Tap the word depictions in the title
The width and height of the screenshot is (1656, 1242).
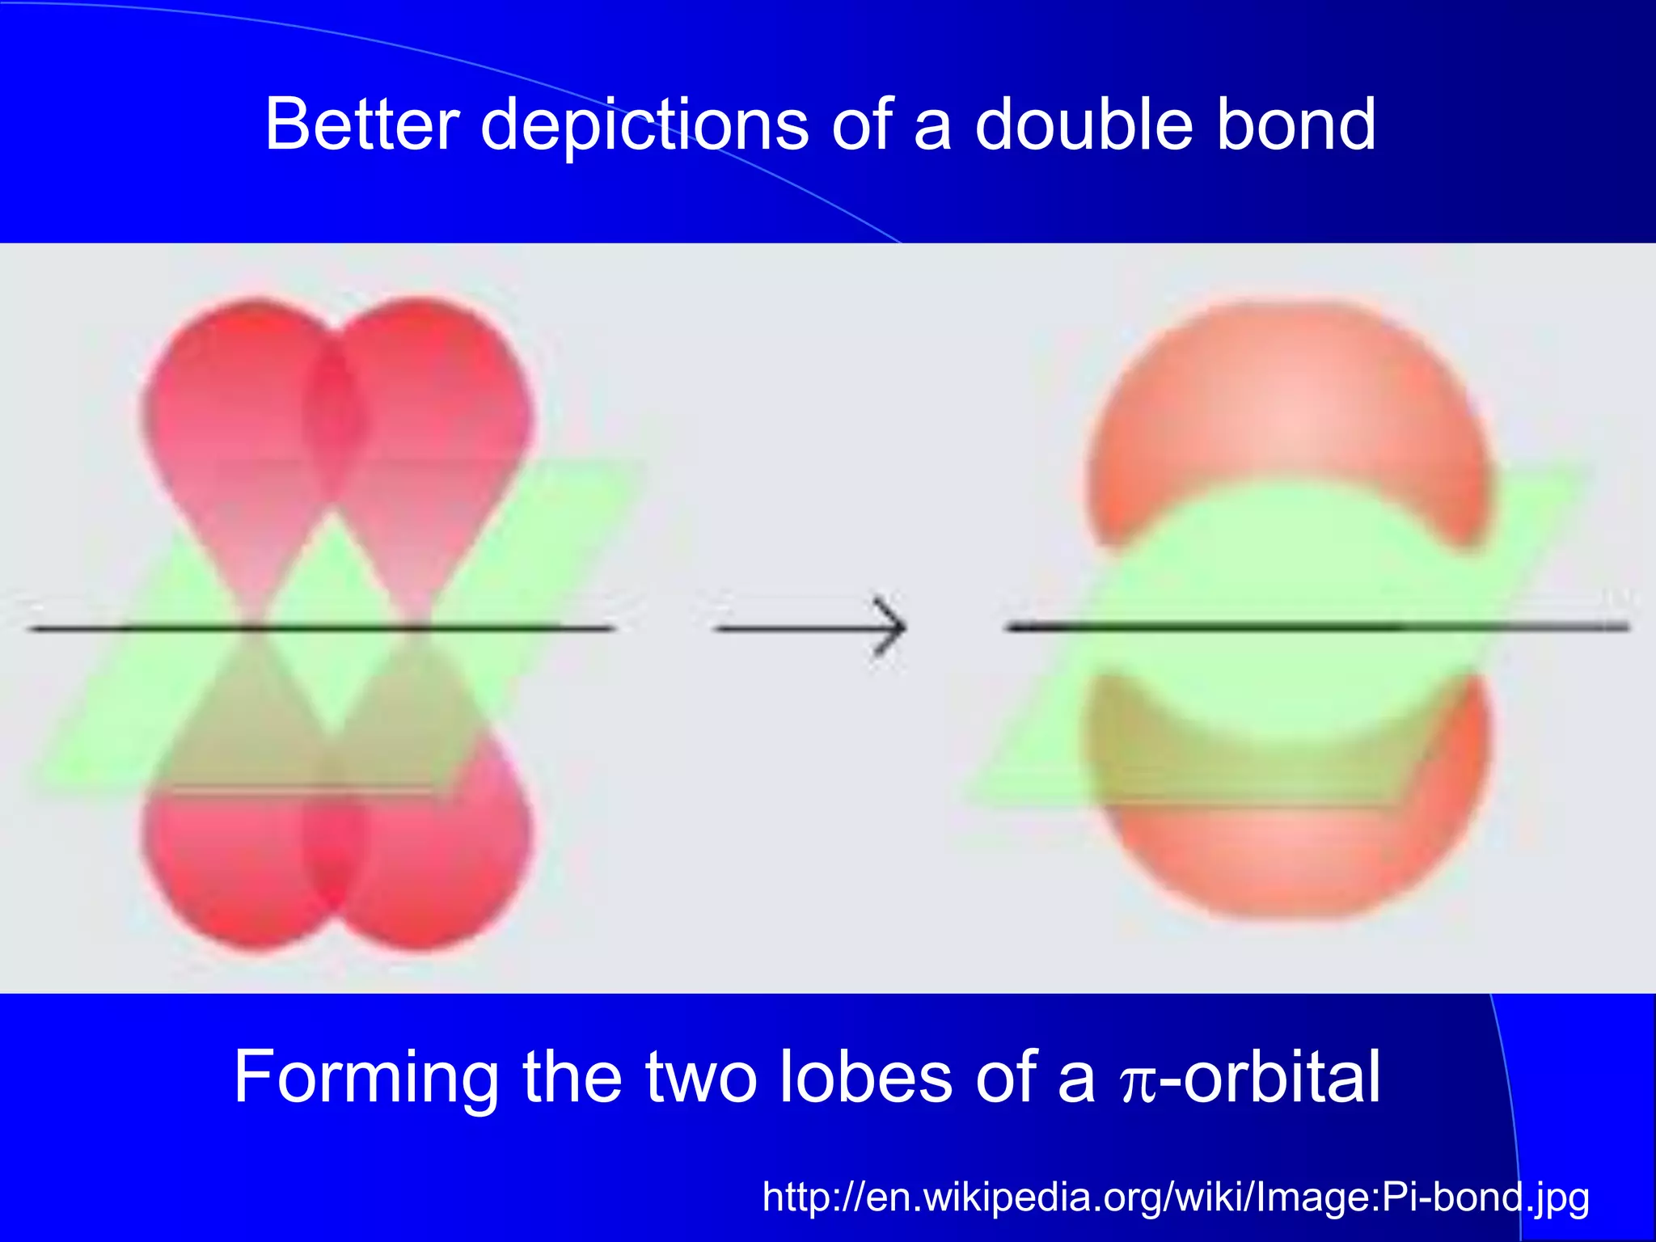tap(644, 125)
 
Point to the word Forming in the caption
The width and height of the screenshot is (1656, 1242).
tap(365, 1077)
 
